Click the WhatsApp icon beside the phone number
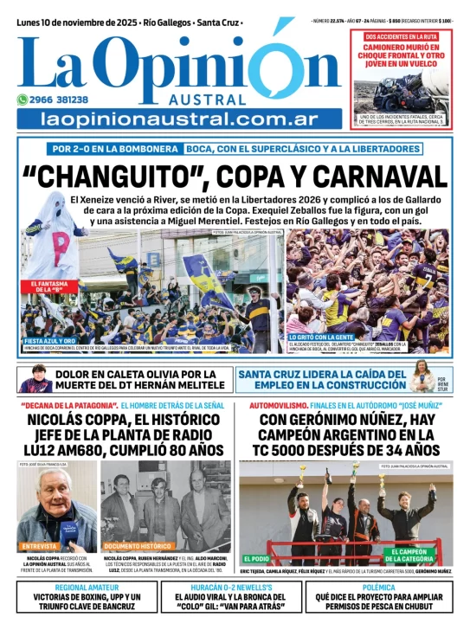[x=23, y=100]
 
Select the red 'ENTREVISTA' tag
[x=39, y=546]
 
